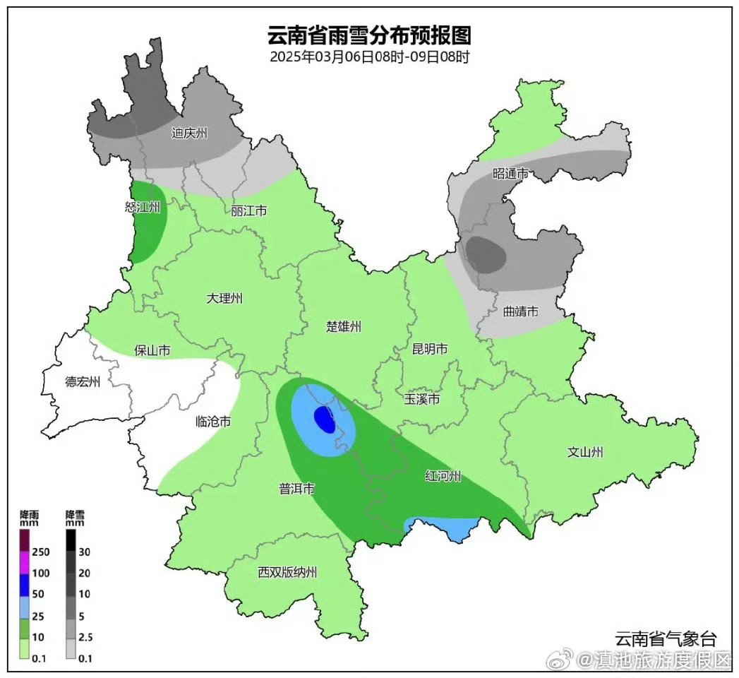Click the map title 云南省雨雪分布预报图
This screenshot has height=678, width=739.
[x=369, y=35]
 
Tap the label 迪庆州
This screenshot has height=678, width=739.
[x=189, y=133]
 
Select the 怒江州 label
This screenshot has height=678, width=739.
[x=143, y=207]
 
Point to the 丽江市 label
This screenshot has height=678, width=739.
[x=248, y=210]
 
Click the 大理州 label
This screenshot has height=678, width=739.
[x=224, y=298]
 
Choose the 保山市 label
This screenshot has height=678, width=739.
[x=152, y=350]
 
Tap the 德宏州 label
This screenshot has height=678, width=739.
[x=83, y=382]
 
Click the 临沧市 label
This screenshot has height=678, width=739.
[x=212, y=422]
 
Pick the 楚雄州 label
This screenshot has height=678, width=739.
[x=344, y=326]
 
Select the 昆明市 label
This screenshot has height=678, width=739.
[x=430, y=349]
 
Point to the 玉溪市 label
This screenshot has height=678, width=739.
[x=422, y=400]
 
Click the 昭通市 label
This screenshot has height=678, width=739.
[x=510, y=172]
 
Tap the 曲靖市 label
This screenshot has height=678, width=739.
[x=521, y=311]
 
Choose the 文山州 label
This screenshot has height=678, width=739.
[x=586, y=452]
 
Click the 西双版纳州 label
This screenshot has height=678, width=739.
[x=287, y=571]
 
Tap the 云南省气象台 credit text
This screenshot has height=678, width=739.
[x=665, y=639]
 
